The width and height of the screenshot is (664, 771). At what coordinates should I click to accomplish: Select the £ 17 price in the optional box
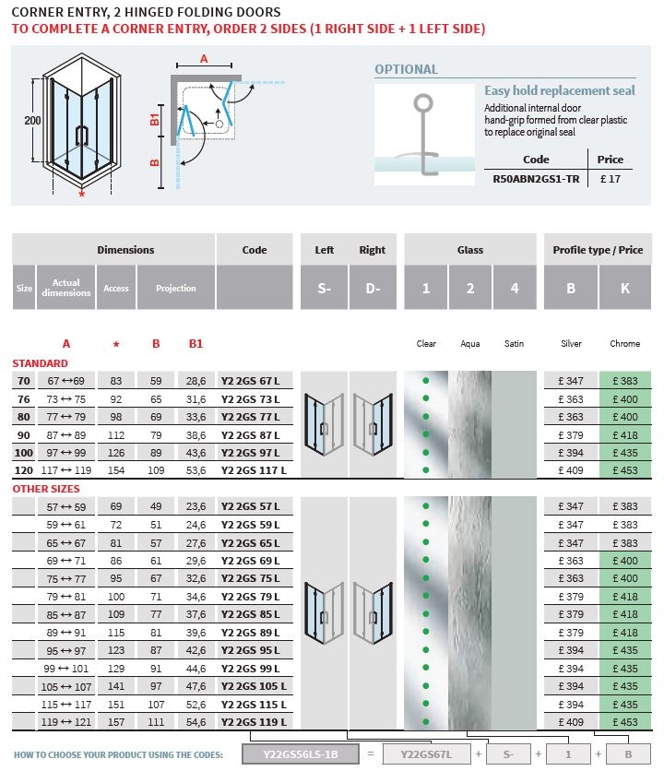point(611,180)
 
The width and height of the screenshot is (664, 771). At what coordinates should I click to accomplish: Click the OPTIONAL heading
point(406,69)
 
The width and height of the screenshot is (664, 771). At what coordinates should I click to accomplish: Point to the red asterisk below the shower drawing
point(82,194)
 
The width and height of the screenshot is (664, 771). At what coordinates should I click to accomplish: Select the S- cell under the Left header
point(324,289)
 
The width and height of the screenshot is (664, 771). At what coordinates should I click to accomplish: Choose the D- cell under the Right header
point(373,289)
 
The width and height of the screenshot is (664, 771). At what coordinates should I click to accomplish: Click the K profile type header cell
point(624,289)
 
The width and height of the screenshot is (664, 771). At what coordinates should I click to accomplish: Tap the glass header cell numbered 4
point(515,289)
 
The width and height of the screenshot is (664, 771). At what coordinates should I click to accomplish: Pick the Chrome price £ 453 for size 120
point(624,470)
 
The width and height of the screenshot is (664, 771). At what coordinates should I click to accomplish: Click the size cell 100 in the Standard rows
point(24,453)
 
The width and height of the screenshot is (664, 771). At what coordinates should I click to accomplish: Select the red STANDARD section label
point(40,363)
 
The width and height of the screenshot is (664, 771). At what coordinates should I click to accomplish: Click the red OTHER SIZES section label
point(46,489)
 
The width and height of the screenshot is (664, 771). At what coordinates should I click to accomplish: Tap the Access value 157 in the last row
point(116,722)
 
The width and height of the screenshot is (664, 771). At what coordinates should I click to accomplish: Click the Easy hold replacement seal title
point(560,91)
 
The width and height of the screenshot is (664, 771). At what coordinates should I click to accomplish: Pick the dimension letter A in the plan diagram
point(204,58)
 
